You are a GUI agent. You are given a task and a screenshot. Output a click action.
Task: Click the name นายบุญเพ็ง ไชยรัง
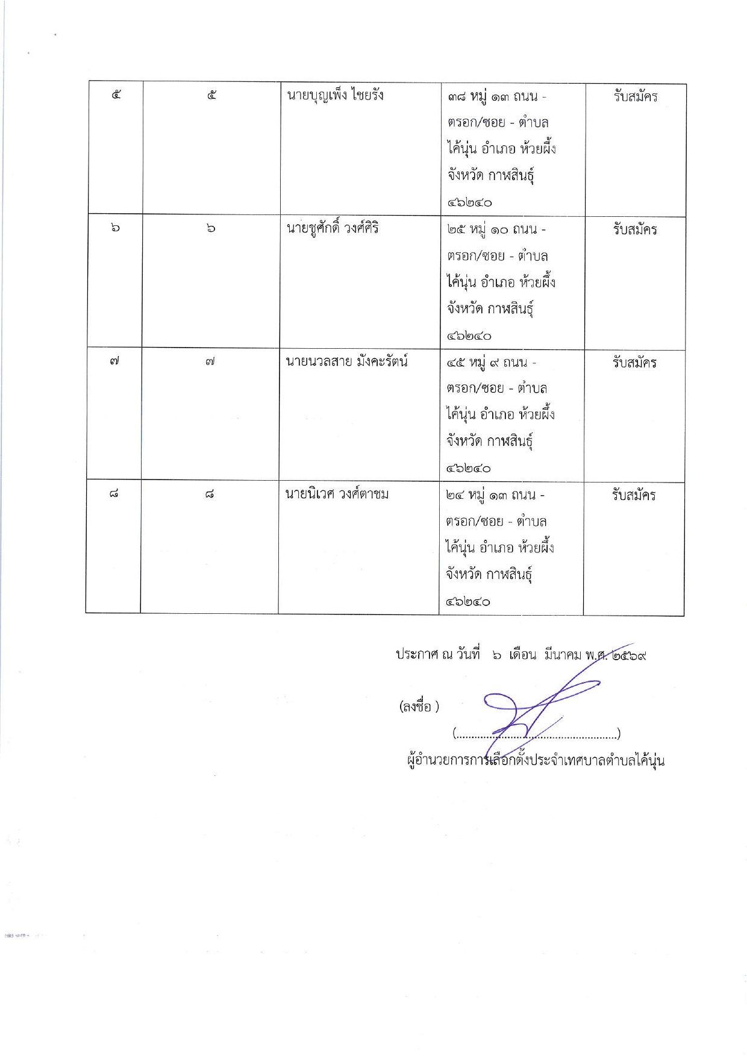[334, 96]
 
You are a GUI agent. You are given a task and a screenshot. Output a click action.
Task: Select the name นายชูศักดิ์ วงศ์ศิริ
[332, 229]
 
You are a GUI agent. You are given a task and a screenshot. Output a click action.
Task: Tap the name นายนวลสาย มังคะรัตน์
[346, 362]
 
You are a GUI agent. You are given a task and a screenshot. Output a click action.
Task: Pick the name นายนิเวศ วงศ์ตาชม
[336, 495]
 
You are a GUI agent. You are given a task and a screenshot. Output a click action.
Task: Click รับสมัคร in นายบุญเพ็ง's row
[635, 96]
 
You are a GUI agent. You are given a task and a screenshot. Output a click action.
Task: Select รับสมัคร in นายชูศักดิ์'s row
[634, 230]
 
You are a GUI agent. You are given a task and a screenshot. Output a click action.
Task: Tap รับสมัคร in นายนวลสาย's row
[634, 363]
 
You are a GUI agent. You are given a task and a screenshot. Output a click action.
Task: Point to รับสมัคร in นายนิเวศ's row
[633, 495]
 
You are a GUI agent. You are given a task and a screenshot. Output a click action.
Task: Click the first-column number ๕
[116, 95]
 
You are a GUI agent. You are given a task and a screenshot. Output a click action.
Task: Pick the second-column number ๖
[211, 228]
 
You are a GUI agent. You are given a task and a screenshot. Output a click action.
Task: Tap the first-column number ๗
[114, 361]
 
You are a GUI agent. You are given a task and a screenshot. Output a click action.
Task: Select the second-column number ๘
[209, 495]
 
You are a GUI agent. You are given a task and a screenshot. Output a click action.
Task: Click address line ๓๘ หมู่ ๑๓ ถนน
[496, 96]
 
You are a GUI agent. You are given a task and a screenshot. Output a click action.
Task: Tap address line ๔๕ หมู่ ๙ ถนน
[491, 363]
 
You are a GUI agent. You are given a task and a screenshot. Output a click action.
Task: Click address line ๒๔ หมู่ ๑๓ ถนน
[495, 495]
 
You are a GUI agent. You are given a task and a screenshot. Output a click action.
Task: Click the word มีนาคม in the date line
[562, 655]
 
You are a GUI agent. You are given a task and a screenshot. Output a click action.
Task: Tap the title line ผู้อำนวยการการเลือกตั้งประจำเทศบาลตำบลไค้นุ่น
[536, 760]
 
